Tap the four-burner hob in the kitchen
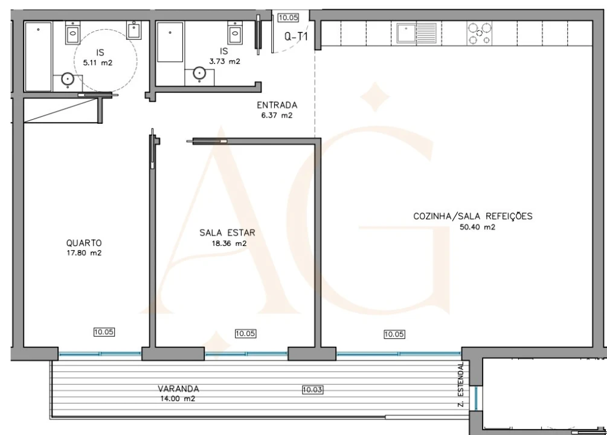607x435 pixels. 479,33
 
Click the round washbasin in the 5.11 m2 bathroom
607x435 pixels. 68,79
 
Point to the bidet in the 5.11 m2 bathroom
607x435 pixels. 134,30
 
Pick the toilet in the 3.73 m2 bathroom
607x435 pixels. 234,31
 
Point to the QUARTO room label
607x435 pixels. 83,243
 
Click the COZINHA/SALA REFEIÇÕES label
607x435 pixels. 473,216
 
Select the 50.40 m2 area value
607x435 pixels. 473,227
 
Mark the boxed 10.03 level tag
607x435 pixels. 312,390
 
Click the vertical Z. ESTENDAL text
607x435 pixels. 462,384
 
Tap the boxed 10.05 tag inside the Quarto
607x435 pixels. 104,331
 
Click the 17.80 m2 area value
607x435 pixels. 83,253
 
